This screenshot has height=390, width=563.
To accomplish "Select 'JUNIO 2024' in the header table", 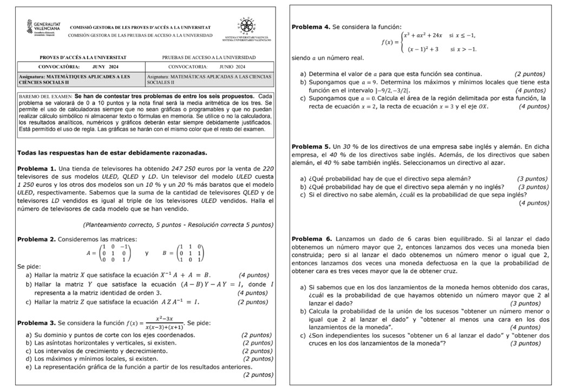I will click(x=233, y=67).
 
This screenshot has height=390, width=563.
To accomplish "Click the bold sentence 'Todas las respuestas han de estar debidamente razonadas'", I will click(x=112, y=153).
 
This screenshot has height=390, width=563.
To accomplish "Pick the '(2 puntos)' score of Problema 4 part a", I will click(x=529, y=74).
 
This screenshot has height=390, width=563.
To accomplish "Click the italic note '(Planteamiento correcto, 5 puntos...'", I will click(x=178, y=225).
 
